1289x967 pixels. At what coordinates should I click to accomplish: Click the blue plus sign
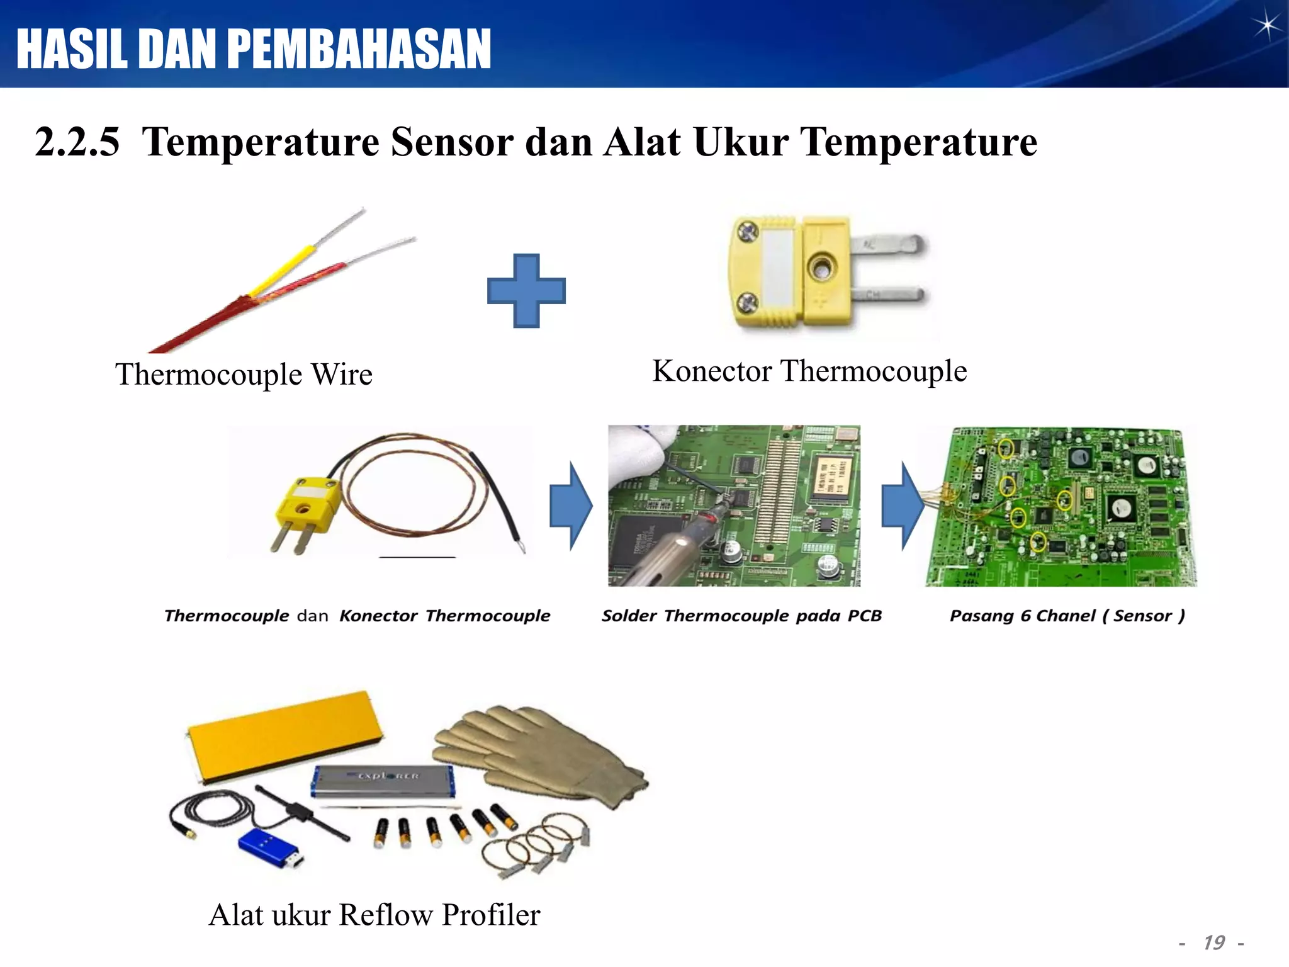pyautogui.click(x=526, y=291)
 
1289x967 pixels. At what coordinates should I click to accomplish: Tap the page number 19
pyautogui.click(x=1213, y=942)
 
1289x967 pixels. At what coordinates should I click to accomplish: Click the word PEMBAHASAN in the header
pyautogui.click(x=359, y=49)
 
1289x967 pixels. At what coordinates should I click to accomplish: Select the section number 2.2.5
pyautogui.click(x=77, y=142)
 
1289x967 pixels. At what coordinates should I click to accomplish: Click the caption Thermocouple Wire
pyautogui.click(x=244, y=374)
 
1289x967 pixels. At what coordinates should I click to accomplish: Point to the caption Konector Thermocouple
pyautogui.click(x=809, y=371)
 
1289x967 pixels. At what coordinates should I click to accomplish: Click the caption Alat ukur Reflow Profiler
pyautogui.click(x=374, y=915)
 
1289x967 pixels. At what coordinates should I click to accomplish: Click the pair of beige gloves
pyautogui.click(x=541, y=752)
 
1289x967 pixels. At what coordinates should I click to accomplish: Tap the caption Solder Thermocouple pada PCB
pyautogui.click(x=741, y=616)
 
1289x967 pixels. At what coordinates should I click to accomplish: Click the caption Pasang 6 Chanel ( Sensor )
pyautogui.click(x=1067, y=616)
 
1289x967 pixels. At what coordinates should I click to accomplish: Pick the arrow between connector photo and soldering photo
pyautogui.click(x=570, y=506)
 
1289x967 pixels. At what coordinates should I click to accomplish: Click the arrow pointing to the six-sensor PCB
pyautogui.click(x=902, y=506)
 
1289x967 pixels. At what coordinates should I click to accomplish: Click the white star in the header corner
pyautogui.click(x=1266, y=26)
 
